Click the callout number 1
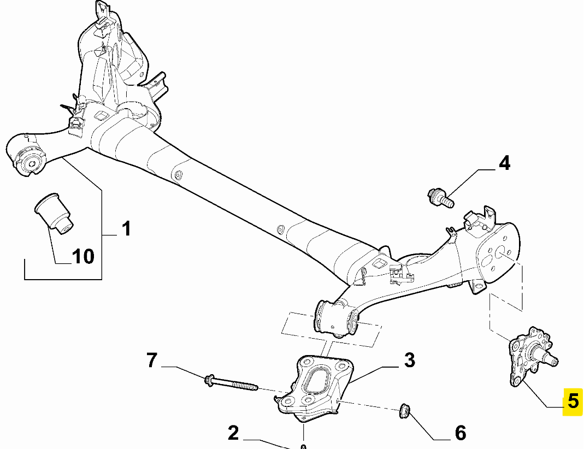(x=126, y=228)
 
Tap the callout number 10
(x=83, y=256)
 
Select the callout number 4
(x=504, y=163)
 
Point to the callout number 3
(x=409, y=360)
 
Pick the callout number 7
(x=151, y=360)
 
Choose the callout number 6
(x=460, y=433)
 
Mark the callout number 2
(x=233, y=433)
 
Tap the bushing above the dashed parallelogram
(x=335, y=318)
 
